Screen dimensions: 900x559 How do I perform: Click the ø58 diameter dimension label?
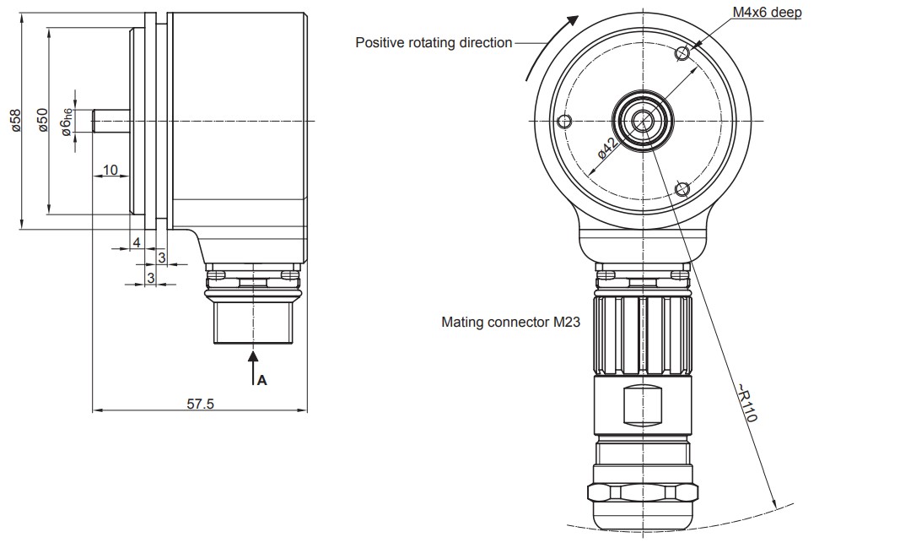(x=16, y=121)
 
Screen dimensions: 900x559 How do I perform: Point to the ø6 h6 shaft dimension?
(x=67, y=122)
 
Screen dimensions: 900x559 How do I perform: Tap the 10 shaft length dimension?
(x=110, y=170)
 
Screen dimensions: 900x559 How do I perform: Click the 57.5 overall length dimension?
(x=200, y=404)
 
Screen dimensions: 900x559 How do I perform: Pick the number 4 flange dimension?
(x=137, y=242)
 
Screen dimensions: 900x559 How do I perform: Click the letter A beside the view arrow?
(x=262, y=380)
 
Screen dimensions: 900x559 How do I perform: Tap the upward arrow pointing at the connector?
(x=252, y=367)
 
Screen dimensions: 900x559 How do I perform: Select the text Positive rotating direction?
(x=434, y=42)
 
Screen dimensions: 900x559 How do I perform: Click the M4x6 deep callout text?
(x=767, y=12)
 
